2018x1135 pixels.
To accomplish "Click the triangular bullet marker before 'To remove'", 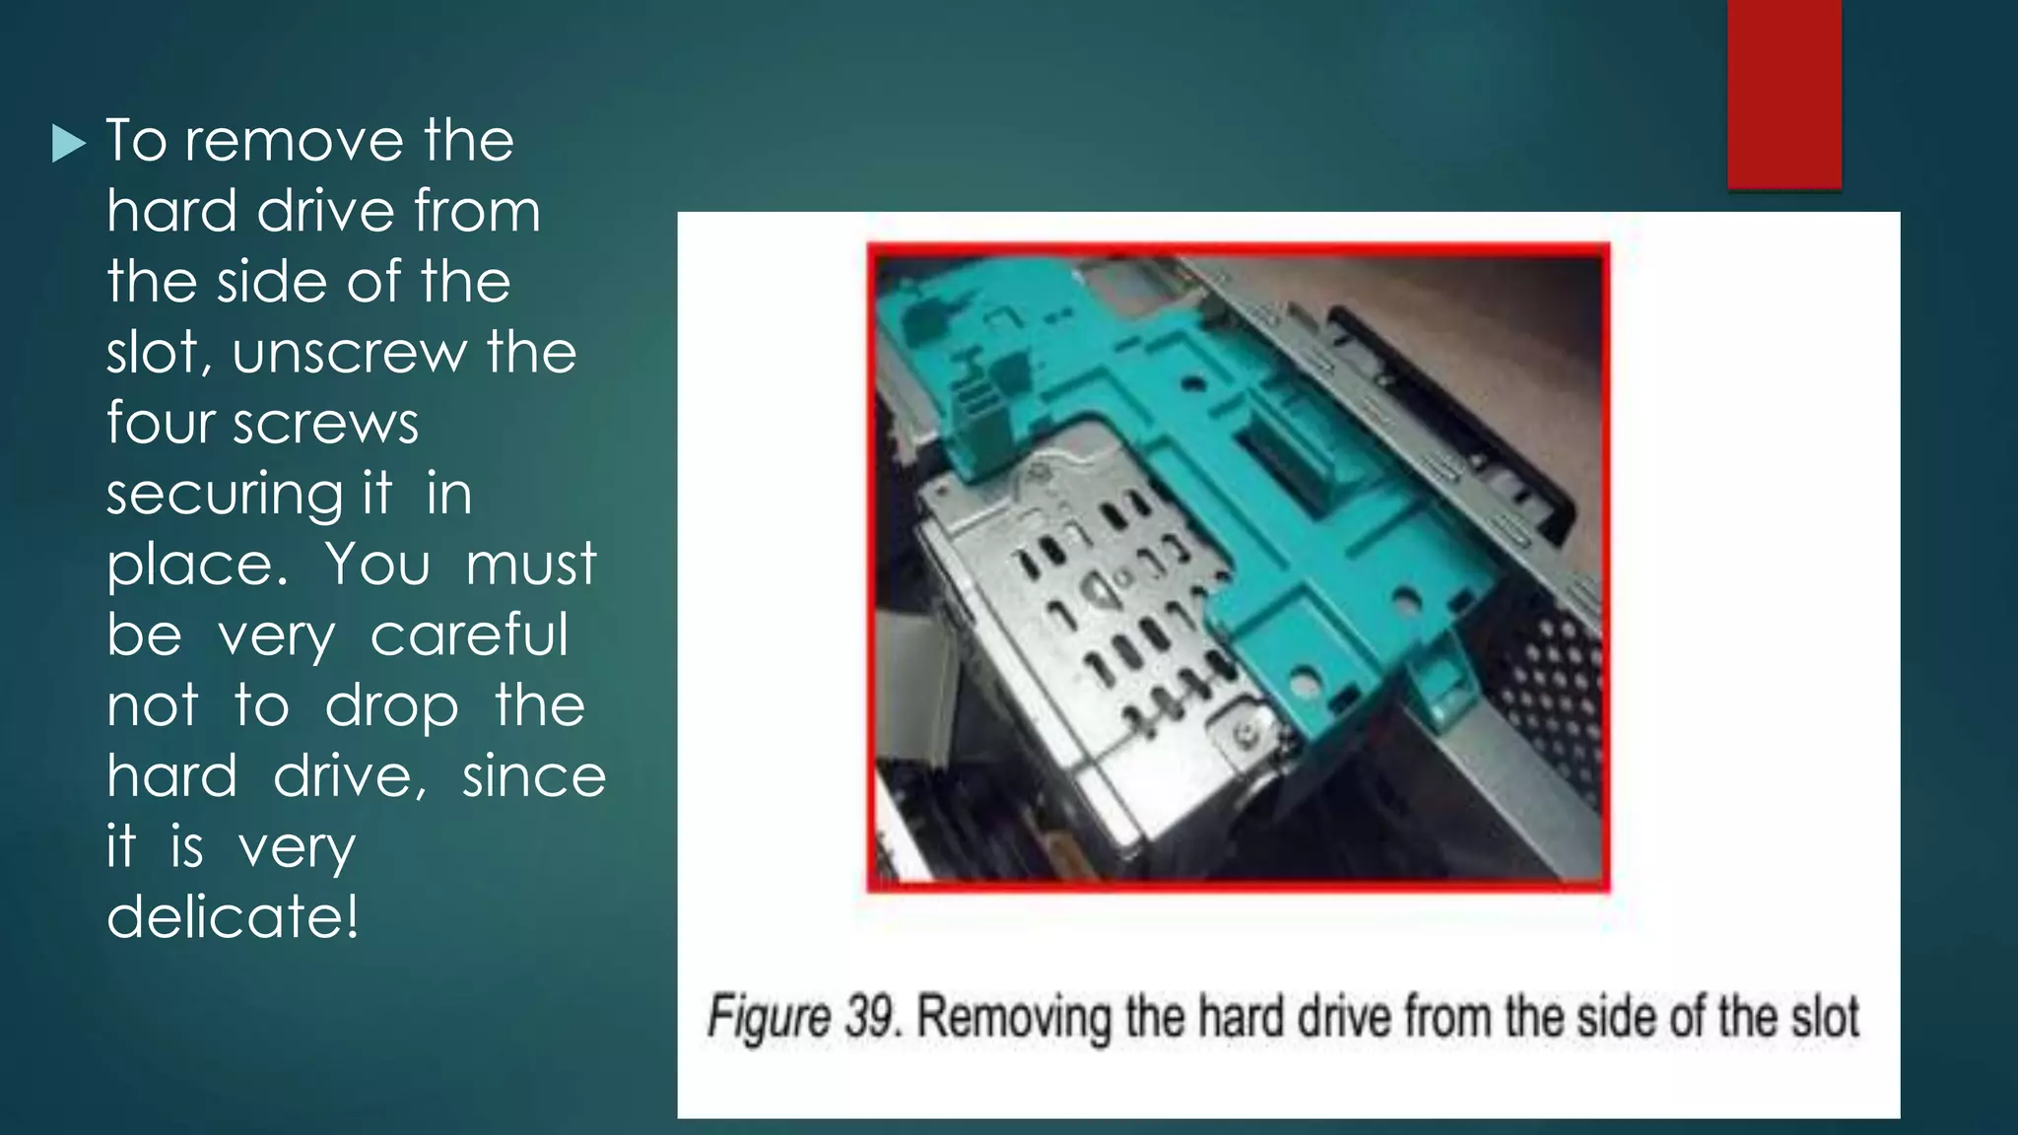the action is tap(69, 144).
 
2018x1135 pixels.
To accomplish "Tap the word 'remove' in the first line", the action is tap(295, 140).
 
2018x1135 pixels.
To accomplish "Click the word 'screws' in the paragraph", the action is tap(325, 425).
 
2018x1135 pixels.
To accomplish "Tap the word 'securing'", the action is tap(226, 494).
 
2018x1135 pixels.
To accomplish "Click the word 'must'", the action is tap(530, 564).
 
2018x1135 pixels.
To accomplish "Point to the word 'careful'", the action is tap(469, 634).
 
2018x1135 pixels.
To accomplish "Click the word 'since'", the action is tap(534, 775).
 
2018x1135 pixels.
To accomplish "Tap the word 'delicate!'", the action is tap(233, 916).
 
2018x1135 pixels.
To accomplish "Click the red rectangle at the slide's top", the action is tap(1783, 95).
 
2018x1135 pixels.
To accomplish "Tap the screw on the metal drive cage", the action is tap(1247, 733).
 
